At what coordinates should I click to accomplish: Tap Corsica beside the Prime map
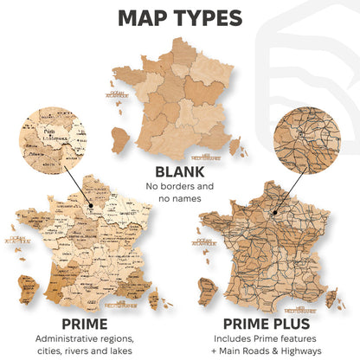157,301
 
